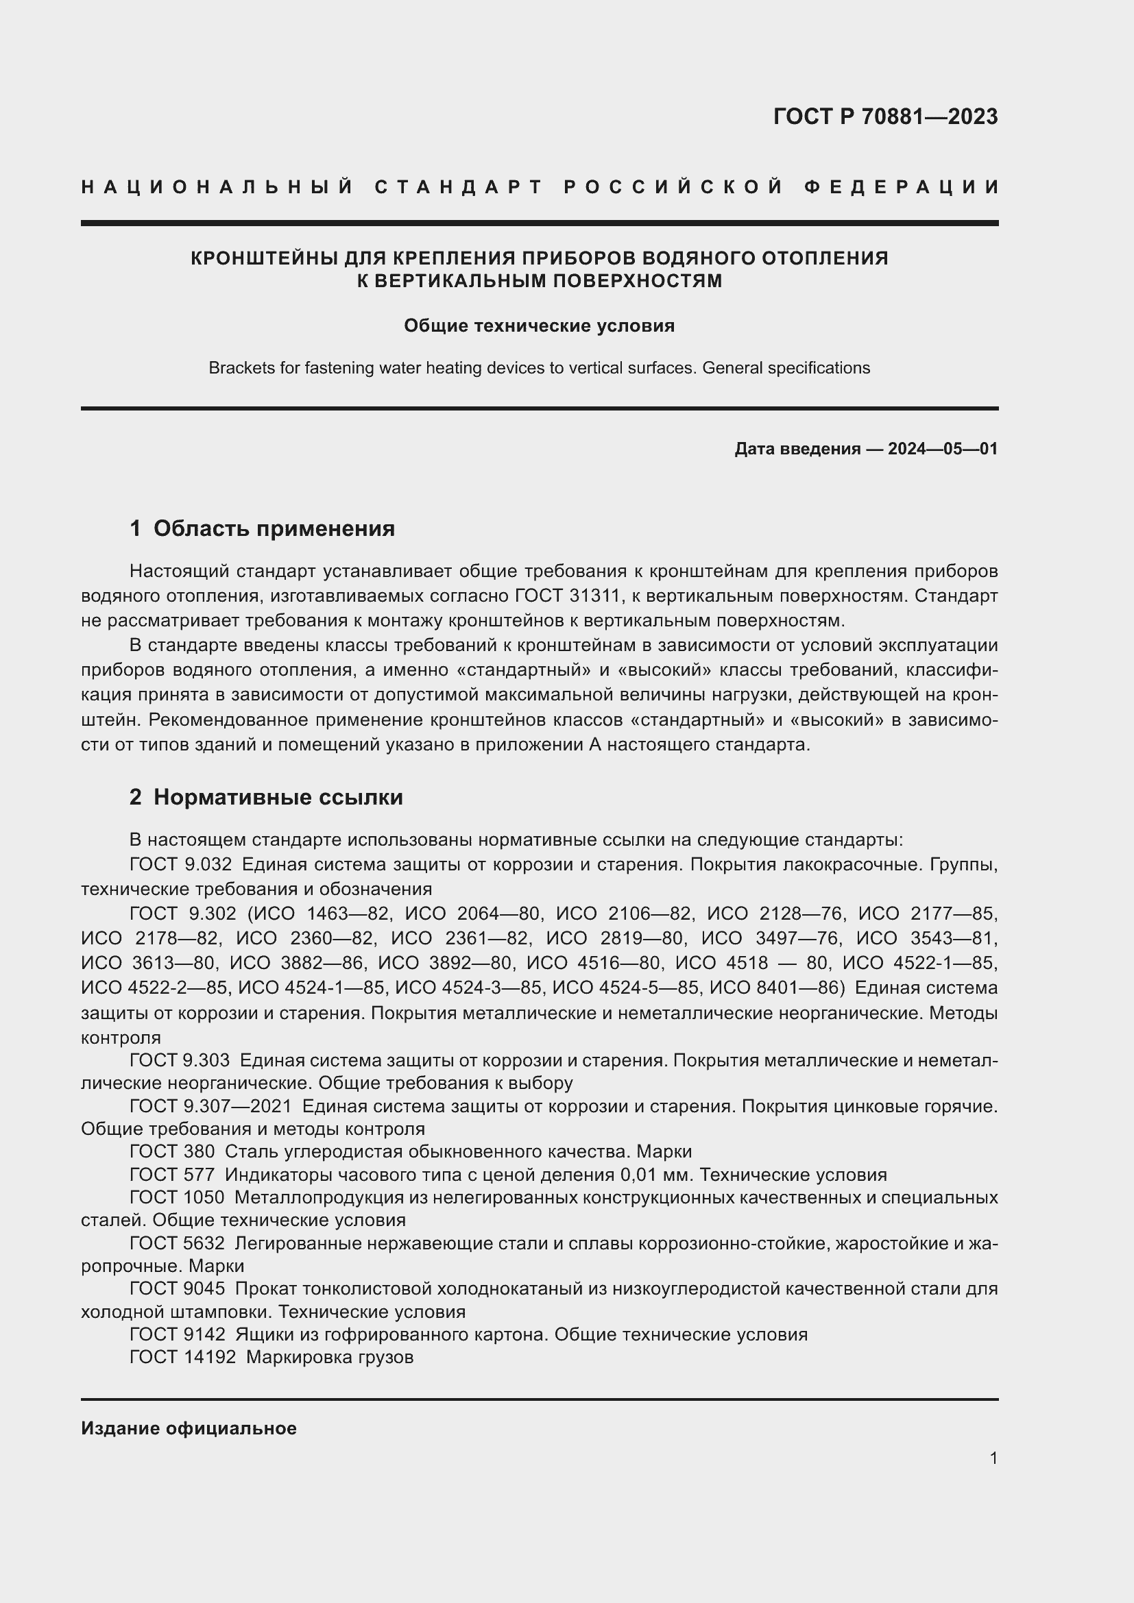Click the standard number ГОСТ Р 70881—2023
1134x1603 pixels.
[885, 117]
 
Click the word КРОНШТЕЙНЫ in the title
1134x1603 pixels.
[265, 258]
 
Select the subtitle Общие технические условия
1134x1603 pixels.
[539, 326]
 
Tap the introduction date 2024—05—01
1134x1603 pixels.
[943, 449]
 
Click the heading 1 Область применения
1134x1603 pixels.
[262, 528]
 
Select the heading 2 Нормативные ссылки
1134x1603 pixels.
[266, 797]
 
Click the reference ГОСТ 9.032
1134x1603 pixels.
[180, 864]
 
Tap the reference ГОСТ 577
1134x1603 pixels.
[172, 1175]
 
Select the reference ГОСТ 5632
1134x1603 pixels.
[178, 1243]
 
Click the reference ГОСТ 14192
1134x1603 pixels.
[183, 1357]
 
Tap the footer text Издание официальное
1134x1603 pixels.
[189, 1428]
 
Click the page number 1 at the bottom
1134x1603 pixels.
[993, 1458]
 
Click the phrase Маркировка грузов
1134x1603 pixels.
[330, 1357]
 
